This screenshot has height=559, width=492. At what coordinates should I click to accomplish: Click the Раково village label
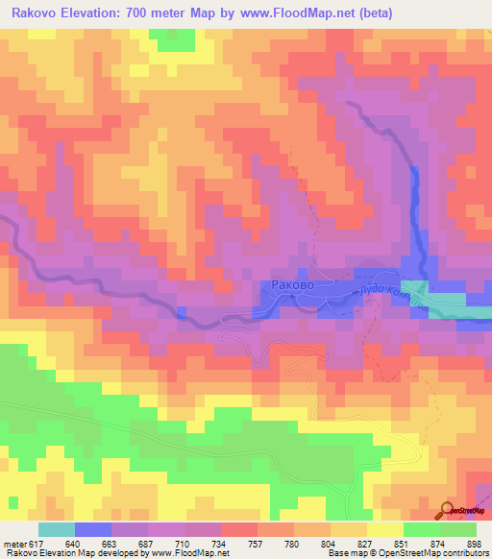(292, 285)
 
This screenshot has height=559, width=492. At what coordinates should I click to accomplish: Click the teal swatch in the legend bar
(57, 529)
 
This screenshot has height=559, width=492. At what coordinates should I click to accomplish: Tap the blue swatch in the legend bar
(93, 529)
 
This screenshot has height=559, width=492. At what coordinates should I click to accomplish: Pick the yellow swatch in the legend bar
(385, 529)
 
